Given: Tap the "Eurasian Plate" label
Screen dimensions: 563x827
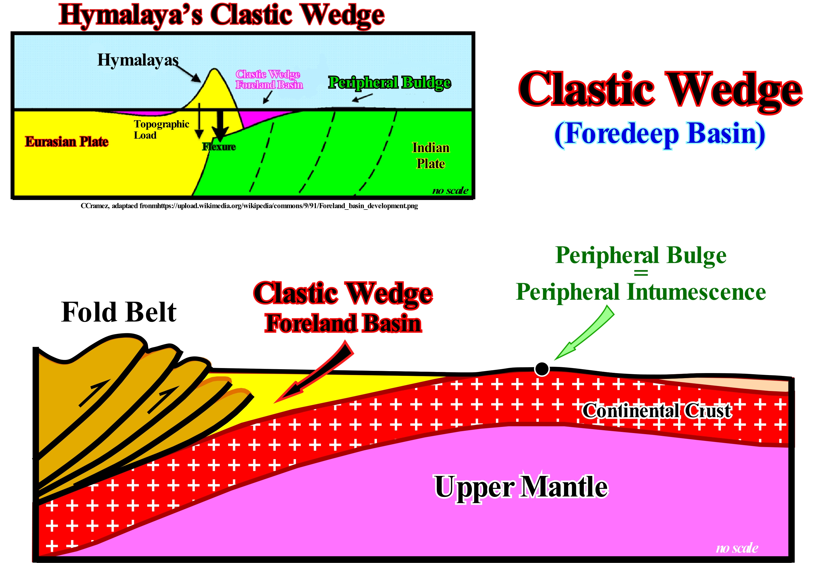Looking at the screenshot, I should (67, 142).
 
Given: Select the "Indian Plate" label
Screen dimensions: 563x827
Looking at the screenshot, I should (430, 155).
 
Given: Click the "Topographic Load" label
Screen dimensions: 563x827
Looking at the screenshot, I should (161, 129).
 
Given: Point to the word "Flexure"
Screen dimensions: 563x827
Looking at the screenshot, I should (219, 146).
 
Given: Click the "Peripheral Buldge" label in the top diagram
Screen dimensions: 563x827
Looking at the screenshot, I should (389, 83).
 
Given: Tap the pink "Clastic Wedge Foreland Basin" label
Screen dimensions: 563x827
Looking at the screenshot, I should (269, 79).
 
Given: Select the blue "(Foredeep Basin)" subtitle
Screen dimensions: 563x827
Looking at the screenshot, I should (660, 134).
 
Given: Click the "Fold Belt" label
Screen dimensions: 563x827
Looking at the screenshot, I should (118, 312).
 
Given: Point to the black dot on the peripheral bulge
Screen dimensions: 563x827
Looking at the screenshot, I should (542, 369).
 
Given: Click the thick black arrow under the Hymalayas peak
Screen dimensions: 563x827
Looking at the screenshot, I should (221, 125).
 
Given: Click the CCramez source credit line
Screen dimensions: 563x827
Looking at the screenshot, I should (249, 206).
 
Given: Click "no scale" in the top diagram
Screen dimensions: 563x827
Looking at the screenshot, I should (450, 190).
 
